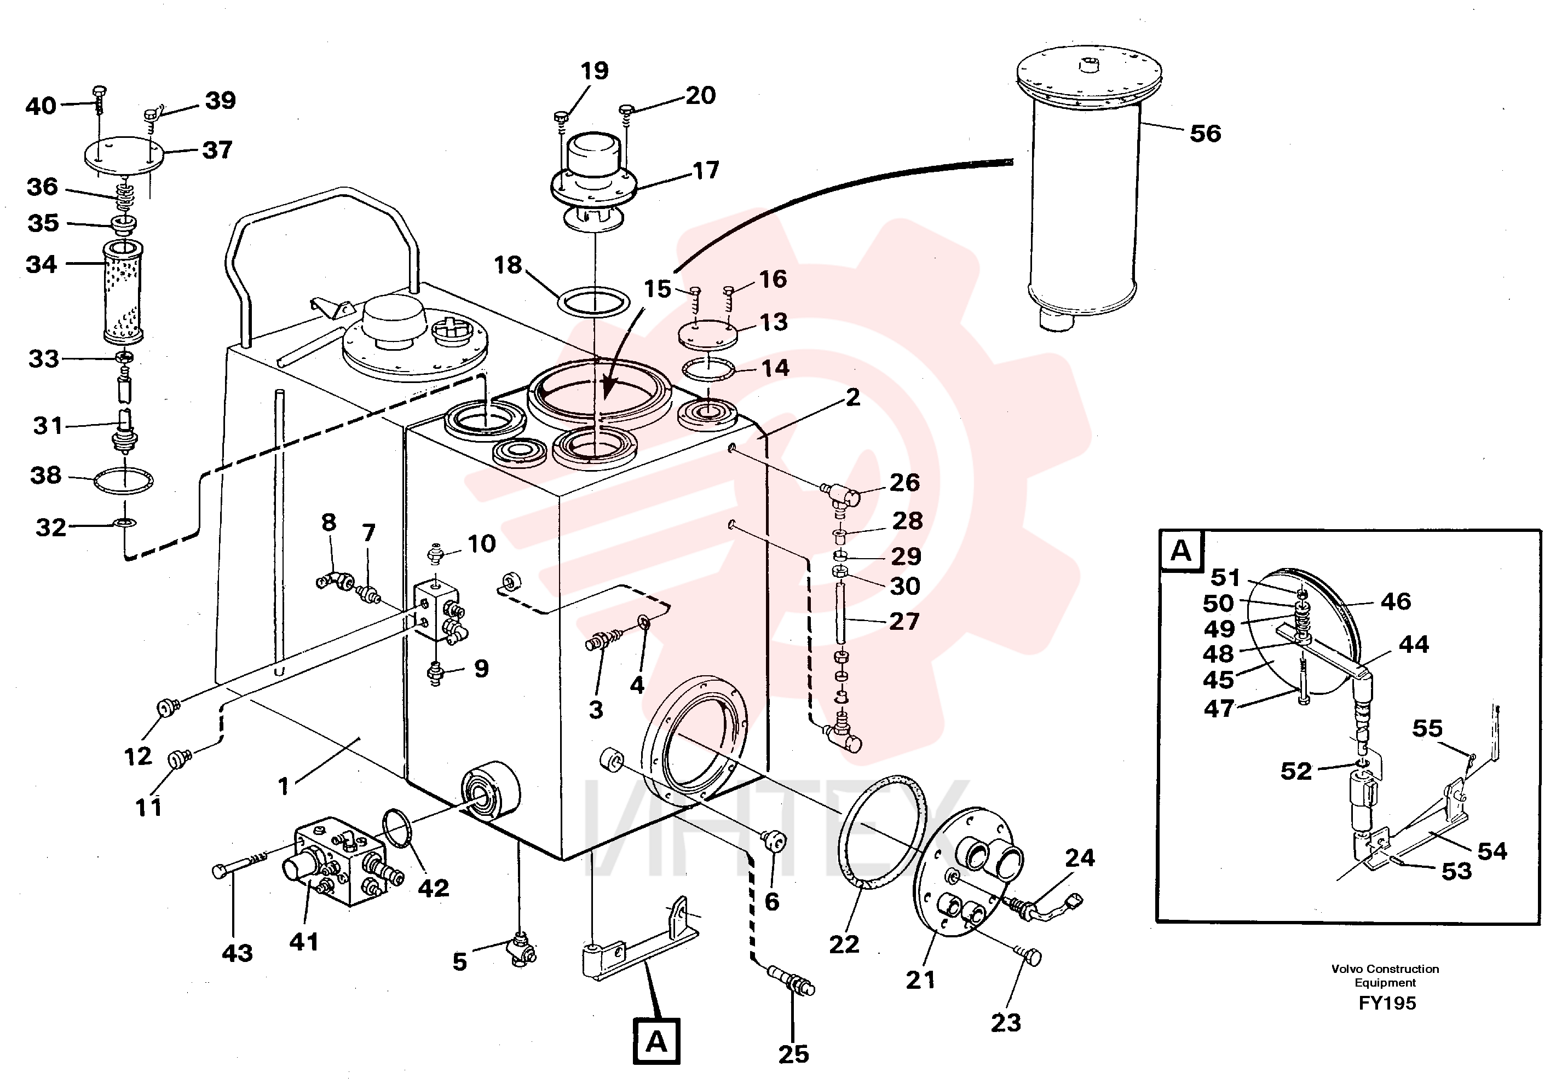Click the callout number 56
point(1205,134)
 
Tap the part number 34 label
point(42,264)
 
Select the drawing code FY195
point(1387,1004)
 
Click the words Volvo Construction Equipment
point(1385,976)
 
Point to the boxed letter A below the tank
point(656,1041)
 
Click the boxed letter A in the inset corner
point(1181,551)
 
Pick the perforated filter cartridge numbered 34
point(122,292)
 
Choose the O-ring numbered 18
point(593,302)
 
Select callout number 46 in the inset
point(1396,601)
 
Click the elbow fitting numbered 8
point(335,580)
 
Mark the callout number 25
point(793,1054)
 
